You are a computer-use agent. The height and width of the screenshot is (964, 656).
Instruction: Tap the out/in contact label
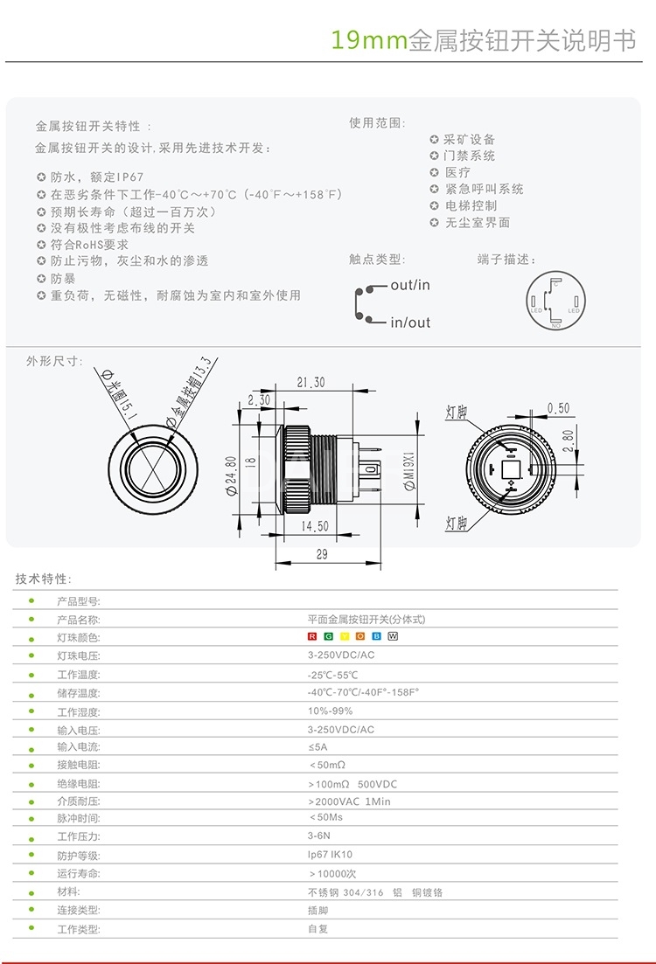(410, 285)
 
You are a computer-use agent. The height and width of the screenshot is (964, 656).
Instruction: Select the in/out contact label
(410, 322)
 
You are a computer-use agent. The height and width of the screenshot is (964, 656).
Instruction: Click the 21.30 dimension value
(311, 382)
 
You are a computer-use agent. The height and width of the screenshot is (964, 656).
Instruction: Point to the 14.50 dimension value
(314, 527)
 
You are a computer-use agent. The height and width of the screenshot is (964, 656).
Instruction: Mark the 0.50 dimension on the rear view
(558, 408)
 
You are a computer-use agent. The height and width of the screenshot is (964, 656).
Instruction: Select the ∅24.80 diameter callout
(232, 477)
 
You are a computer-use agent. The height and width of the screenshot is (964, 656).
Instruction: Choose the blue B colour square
(377, 636)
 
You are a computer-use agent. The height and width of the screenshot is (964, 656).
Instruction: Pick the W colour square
(393, 636)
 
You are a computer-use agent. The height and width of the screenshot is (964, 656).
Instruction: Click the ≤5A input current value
(318, 746)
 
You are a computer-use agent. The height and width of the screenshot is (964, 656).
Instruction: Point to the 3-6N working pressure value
(318, 836)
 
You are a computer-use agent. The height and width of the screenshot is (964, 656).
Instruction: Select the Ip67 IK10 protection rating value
(330, 855)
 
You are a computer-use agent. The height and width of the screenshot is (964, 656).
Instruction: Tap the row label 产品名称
(79, 620)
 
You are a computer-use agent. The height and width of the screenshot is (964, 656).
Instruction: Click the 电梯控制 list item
(471, 205)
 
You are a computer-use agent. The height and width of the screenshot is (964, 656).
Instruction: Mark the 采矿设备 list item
(470, 139)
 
